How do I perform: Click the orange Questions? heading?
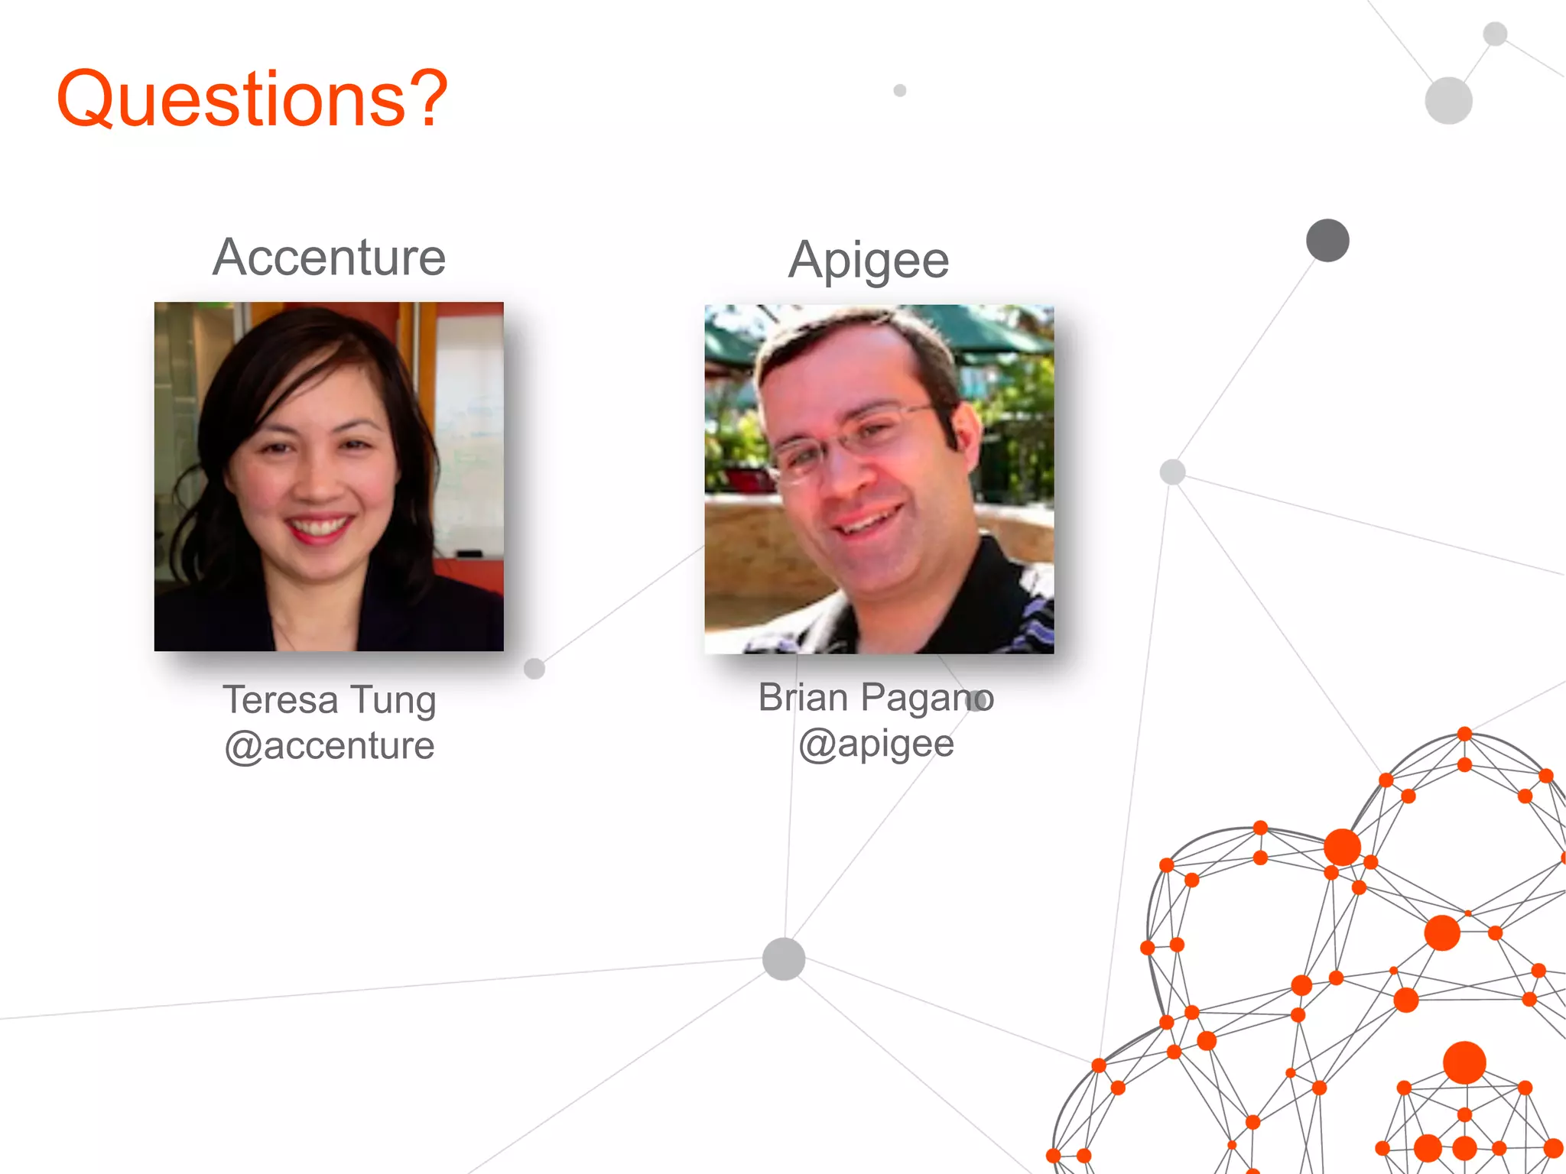click(x=252, y=99)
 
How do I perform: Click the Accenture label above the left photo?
click(x=329, y=258)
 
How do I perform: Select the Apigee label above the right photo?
click(x=869, y=261)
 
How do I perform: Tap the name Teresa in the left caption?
click(x=280, y=700)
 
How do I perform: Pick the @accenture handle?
click(x=330, y=746)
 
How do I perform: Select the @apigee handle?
click(x=876, y=744)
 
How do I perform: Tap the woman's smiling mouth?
click(x=319, y=527)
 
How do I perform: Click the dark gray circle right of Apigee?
click(x=1327, y=240)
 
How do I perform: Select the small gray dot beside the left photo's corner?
click(x=534, y=668)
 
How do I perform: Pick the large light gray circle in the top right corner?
click(x=1448, y=100)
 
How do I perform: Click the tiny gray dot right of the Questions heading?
click(x=900, y=90)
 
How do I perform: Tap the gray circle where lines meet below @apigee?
click(x=784, y=958)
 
